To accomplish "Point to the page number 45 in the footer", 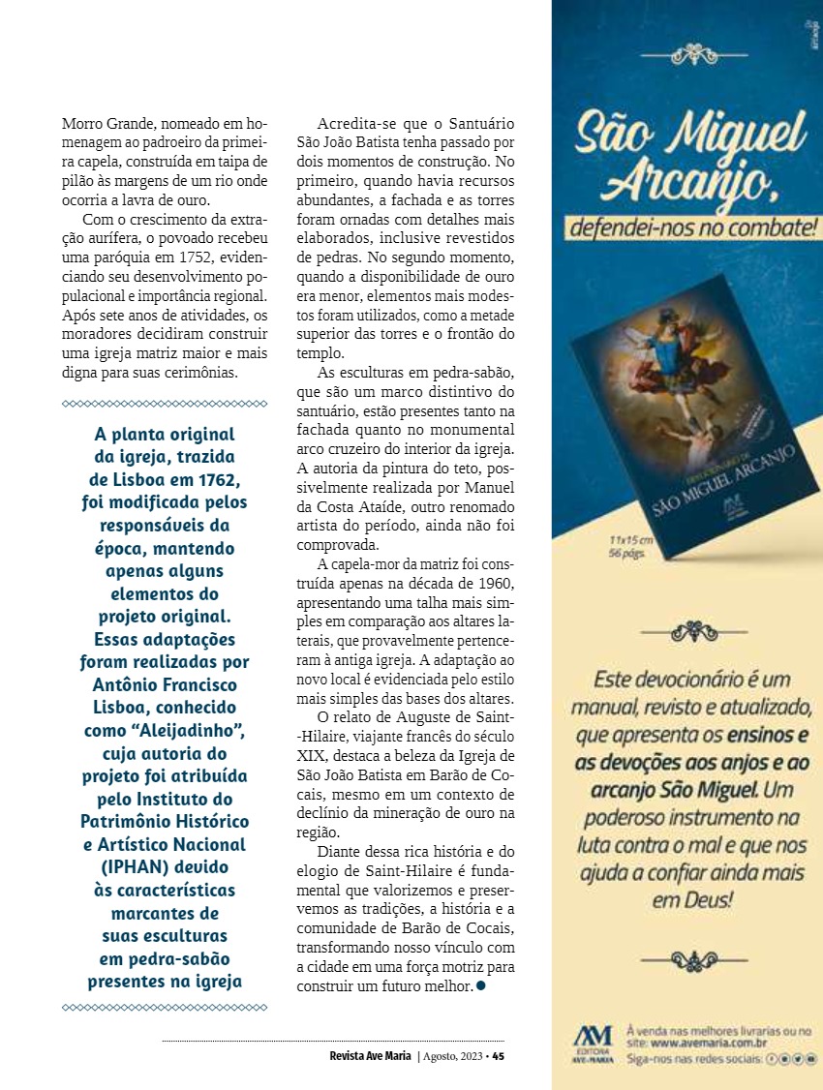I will click(x=498, y=1056).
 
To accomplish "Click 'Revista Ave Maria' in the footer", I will click(x=370, y=1056).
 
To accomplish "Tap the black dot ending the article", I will click(x=481, y=985).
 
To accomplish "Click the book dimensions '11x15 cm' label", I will click(x=631, y=539).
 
